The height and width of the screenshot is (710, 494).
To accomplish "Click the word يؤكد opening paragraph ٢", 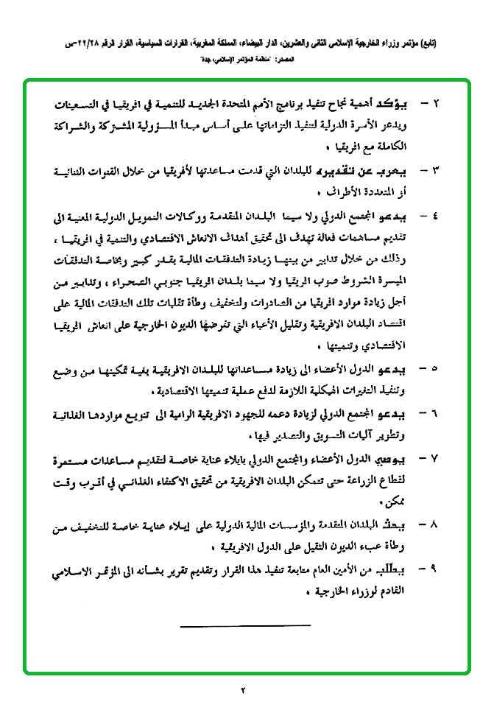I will tap(398, 102).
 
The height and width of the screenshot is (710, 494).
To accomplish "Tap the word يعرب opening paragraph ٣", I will tap(398, 172).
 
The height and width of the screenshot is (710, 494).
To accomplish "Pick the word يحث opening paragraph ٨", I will tap(403, 527).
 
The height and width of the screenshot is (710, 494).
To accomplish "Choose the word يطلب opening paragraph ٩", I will tap(398, 569).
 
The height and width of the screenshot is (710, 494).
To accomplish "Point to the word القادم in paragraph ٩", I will tap(398, 591).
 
